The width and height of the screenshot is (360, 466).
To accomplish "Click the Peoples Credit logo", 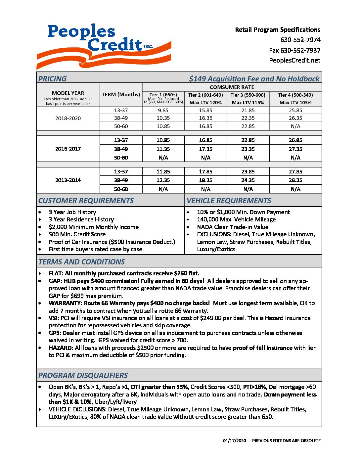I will (104, 46).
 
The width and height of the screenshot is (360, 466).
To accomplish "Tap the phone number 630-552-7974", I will (300, 40).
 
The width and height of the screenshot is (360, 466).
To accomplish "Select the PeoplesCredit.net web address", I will (294, 61).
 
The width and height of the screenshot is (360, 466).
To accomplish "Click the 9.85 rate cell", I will (163, 111).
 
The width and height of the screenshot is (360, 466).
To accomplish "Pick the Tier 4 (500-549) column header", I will (295, 95).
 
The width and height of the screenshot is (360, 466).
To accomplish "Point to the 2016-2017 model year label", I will (68, 149).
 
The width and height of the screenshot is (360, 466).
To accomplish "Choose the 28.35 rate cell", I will (295, 180).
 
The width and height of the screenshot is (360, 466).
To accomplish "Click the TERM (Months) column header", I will (121, 95).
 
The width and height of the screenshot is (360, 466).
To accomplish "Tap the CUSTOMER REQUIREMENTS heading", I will (86, 201).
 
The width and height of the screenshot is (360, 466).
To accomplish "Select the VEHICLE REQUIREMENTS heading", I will (229, 201).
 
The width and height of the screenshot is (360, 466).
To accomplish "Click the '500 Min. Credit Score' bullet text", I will (77, 234).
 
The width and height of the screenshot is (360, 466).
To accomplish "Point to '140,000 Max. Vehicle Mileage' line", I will (236, 219).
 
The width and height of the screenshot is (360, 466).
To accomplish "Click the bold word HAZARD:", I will (61, 348).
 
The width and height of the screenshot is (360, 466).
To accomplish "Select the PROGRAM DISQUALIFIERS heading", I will (83, 376).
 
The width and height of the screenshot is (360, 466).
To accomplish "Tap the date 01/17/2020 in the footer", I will (235, 441).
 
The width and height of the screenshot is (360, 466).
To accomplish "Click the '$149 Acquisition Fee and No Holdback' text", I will (254, 79).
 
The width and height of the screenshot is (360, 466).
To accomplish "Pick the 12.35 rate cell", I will (163, 180).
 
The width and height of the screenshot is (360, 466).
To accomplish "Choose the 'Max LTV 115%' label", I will (248, 103).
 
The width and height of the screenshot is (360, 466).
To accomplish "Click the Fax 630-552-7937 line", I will (294, 50).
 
